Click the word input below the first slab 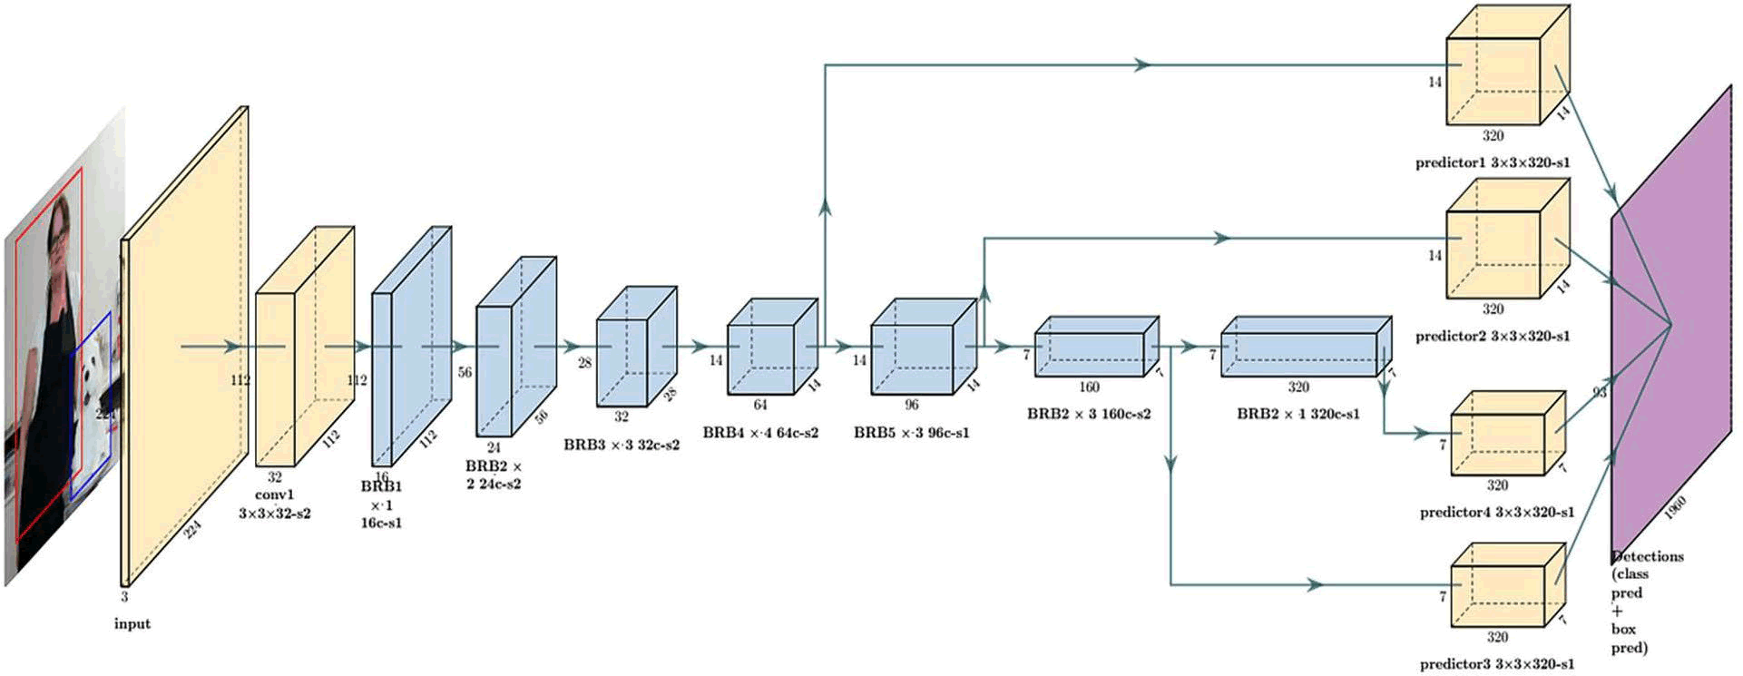(132, 624)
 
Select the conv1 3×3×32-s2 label (274, 504)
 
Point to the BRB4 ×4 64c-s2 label (760, 433)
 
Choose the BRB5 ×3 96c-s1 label (911, 433)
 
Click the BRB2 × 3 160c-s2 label (1089, 414)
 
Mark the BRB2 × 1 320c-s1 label (1298, 414)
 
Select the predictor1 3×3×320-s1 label (1493, 163)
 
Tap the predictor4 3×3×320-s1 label (1497, 513)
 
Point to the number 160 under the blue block (1089, 387)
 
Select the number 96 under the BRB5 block (911, 405)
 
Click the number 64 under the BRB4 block (760, 405)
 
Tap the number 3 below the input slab (124, 598)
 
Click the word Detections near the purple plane (1648, 556)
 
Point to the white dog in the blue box (93, 372)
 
